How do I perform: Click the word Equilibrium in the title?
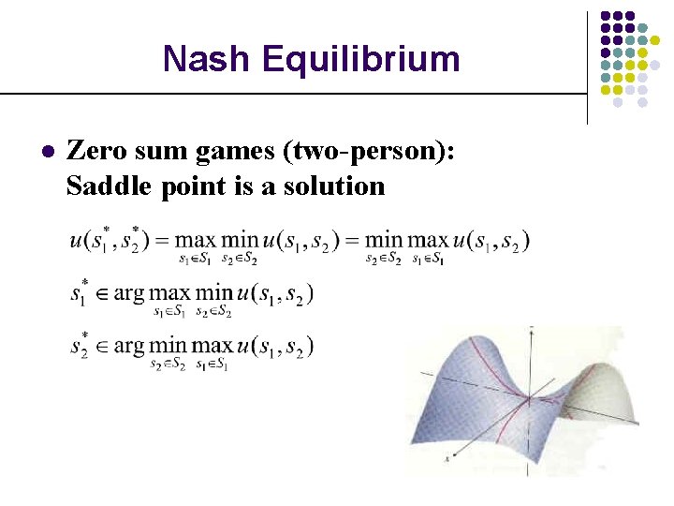click(x=361, y=58)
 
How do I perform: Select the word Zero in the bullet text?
click(x=97, y=150)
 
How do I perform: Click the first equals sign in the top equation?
click(x=155, y=240)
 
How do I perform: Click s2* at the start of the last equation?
click(x=80, y=345)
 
